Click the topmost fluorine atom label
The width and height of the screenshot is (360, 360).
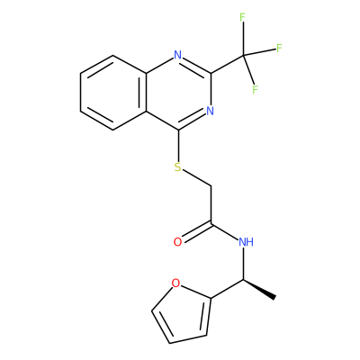tap(243, 18)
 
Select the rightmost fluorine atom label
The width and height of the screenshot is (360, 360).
tap(279, 49)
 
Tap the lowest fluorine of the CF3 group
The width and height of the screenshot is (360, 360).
tap(255, 90)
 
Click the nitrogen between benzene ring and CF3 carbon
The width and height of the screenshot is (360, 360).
tap(178, 55)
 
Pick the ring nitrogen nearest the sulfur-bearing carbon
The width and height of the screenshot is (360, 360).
tap(211, 111)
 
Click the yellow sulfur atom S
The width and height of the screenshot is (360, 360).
tap(178, 167)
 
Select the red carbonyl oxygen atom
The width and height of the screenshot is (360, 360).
tap(177, 242)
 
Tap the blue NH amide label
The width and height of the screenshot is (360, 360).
tap(247, 242)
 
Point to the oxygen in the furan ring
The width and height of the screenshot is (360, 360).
tap(175, 283)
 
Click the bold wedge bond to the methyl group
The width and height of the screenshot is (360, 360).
tap(259, 289)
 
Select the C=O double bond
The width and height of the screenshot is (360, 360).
tap(197, 231)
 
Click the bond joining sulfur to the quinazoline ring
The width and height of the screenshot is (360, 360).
tap(178, 145)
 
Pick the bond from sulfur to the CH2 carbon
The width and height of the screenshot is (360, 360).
tap(197, 178)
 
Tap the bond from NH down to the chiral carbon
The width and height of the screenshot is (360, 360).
tap(243, 264)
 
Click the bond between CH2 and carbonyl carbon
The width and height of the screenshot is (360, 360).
tap(211, 205)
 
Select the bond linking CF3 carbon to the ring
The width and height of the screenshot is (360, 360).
tap(227, 64)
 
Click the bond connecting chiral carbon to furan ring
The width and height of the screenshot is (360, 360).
tap(227, 289)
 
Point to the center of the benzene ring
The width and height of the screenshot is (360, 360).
tap(113, 93)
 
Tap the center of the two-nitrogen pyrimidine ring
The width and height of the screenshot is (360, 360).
tap(178, 93)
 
